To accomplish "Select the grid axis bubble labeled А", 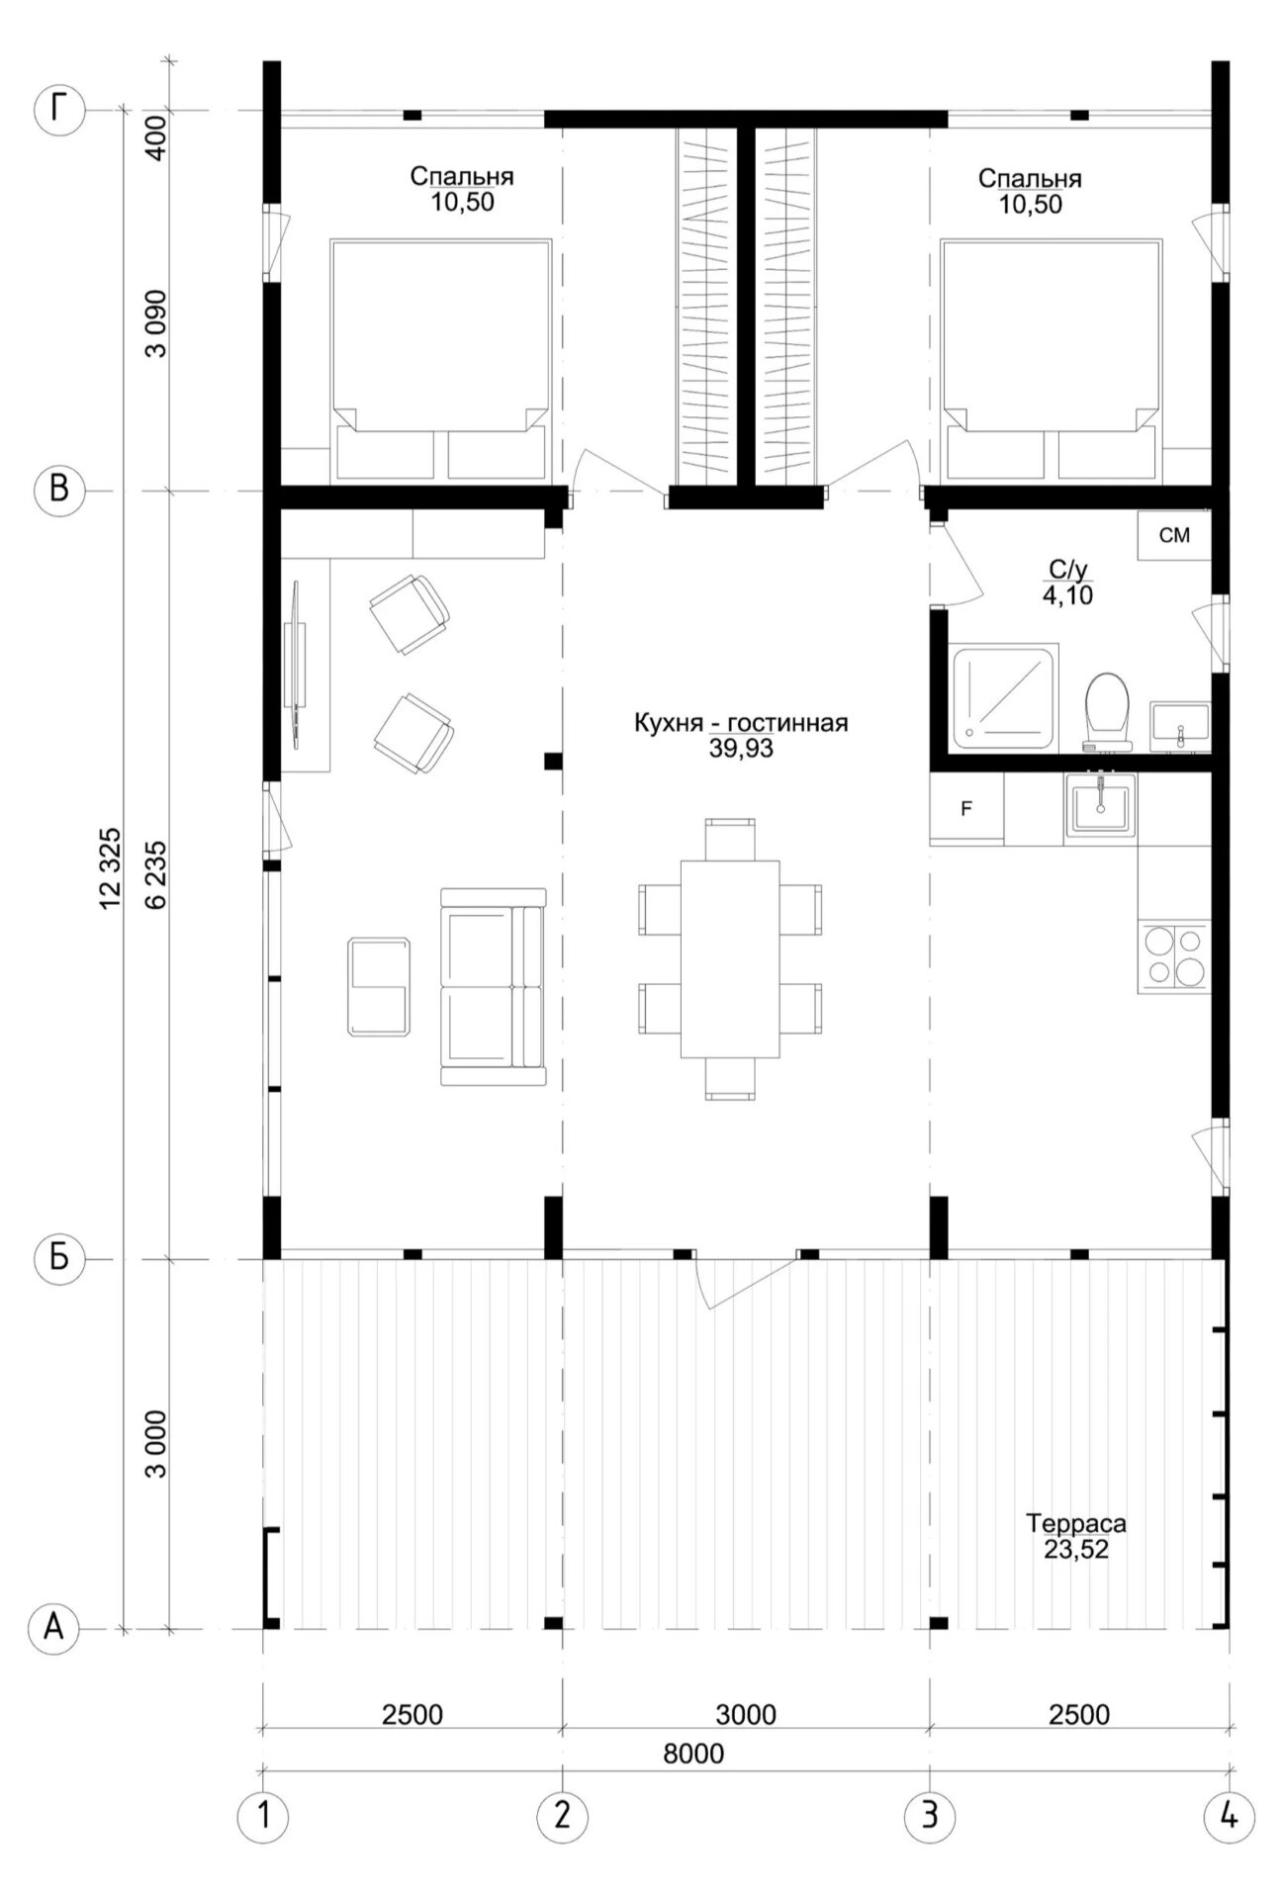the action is (56, 1628).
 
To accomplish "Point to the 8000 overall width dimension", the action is (694, 1754).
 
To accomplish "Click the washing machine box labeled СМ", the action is (1174, 536).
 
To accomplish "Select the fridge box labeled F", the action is (966, 808).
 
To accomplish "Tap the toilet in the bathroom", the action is (1107, 710).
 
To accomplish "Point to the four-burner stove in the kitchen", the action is (1175, 955).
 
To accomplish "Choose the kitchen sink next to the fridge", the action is (1100, 806).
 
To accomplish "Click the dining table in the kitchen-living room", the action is (730, 958).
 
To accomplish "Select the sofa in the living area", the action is (493, 986).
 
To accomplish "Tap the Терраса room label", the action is (1076, 1523).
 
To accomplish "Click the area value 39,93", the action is (741, 749).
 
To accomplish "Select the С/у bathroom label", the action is (1068, 570).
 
